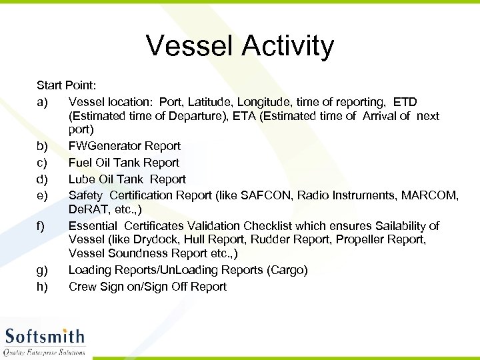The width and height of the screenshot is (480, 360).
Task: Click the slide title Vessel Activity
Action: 240,46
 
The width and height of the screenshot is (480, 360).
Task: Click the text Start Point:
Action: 67,85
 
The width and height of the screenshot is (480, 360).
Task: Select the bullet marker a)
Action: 42,102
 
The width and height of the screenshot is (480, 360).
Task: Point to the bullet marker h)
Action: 42,287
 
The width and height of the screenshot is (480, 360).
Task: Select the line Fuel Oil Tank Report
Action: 124,163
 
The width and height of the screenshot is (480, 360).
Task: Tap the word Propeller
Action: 363,239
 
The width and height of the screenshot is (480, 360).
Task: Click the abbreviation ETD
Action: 405,102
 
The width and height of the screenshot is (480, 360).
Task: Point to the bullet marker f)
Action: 41,226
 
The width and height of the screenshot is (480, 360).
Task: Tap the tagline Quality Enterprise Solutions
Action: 45,352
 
